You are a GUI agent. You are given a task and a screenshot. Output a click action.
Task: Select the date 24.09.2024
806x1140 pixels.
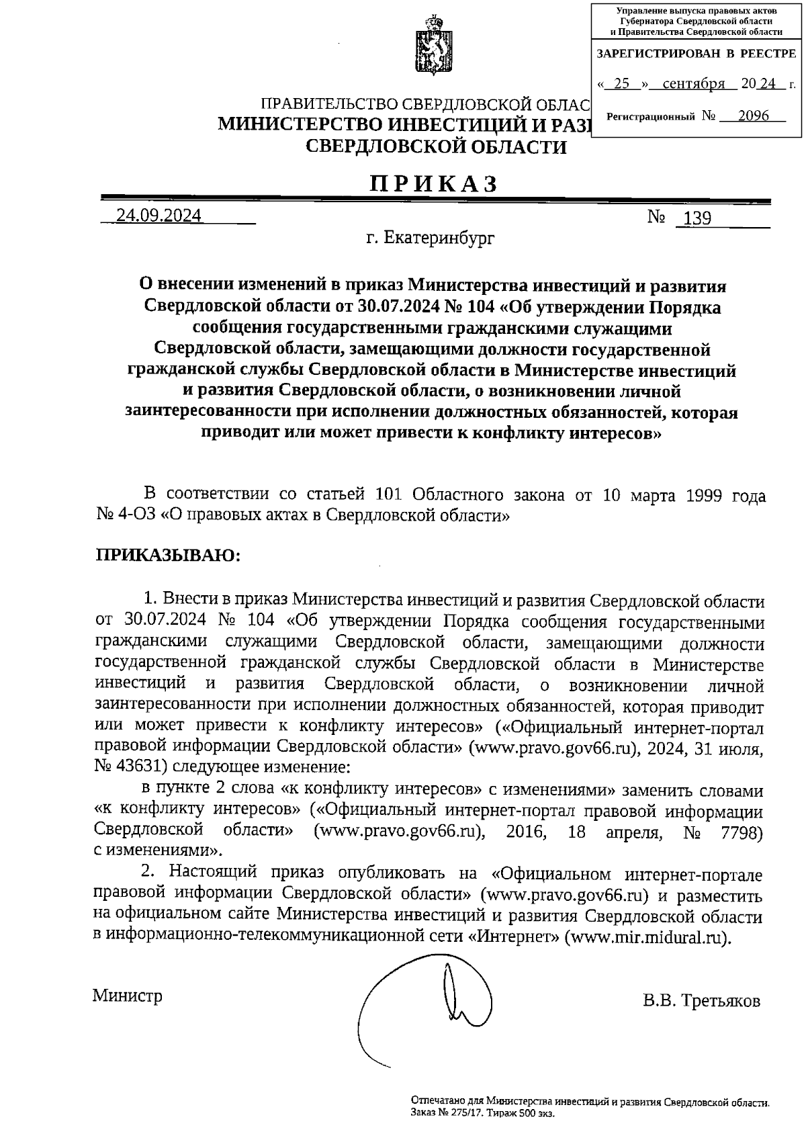pos(159,216)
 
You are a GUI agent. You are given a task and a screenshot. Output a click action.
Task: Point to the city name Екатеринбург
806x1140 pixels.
pos(439,238)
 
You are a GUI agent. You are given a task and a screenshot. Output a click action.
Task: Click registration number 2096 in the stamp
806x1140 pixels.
pos(753,116)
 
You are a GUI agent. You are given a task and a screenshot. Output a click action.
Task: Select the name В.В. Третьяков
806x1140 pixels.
pos(701,1001)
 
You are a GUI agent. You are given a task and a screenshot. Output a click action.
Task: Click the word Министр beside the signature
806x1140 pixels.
pos(128,995)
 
